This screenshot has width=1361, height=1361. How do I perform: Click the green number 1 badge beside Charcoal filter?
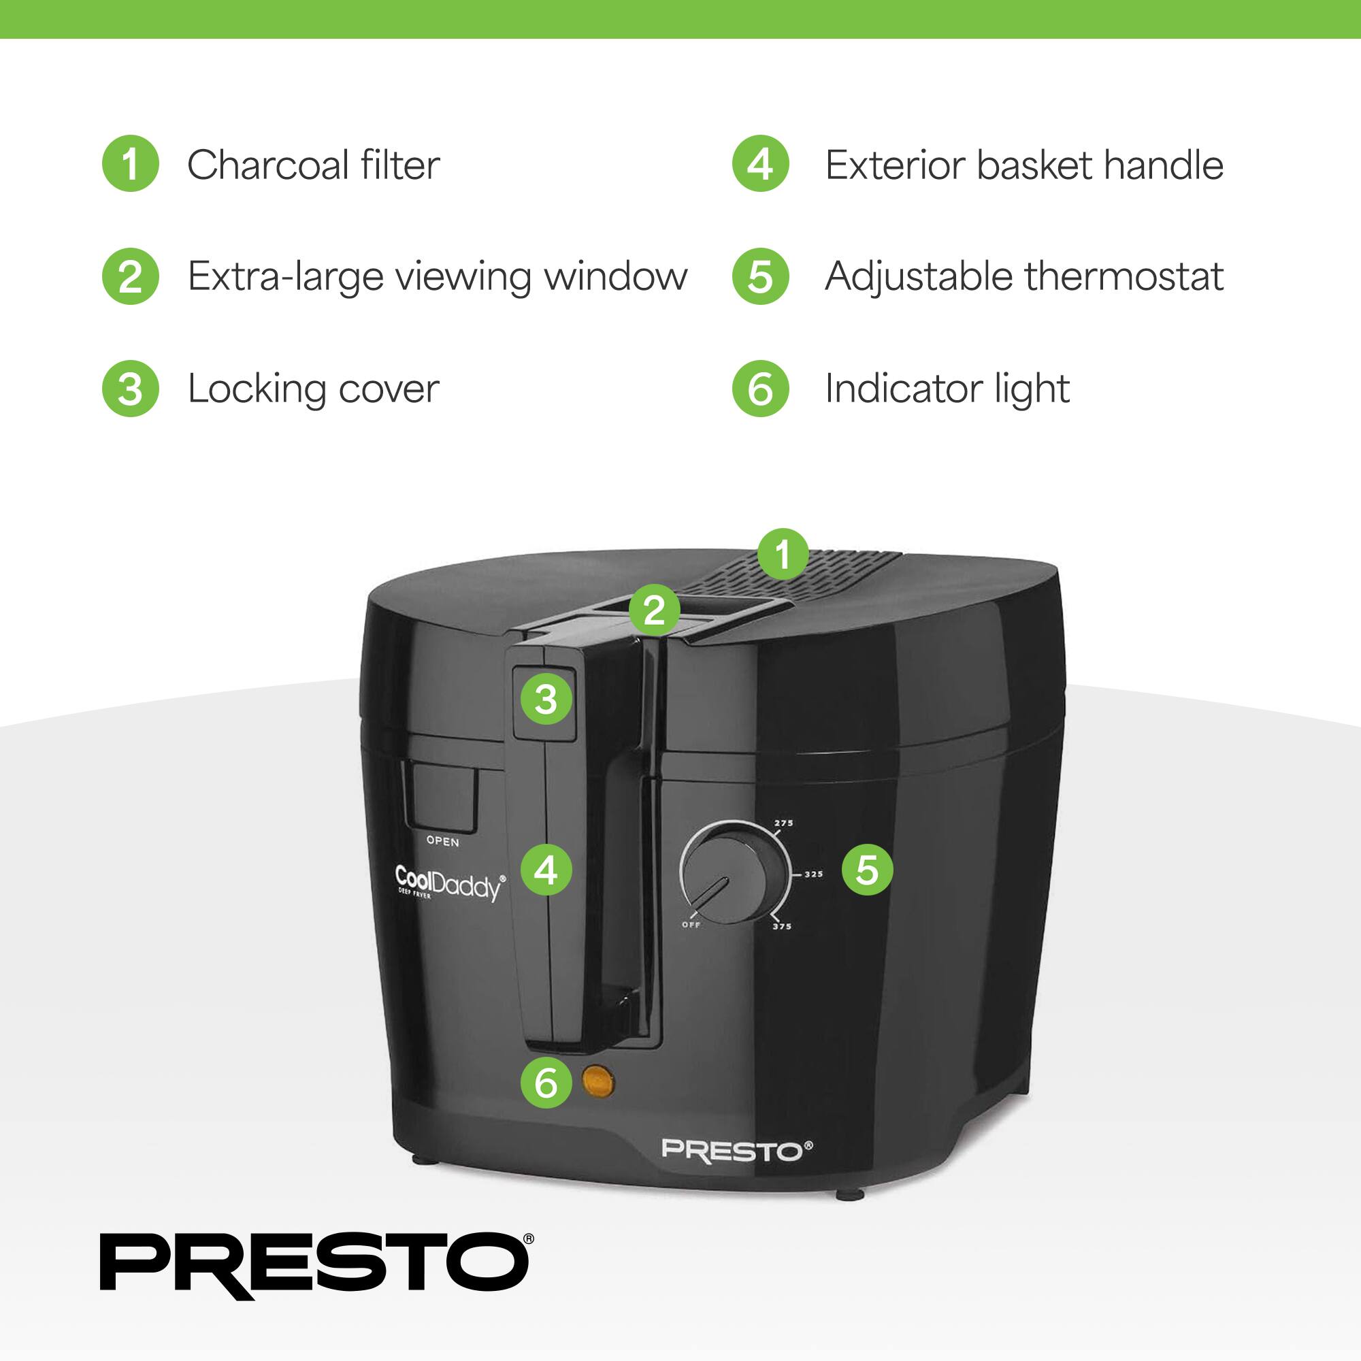tap(131, 163)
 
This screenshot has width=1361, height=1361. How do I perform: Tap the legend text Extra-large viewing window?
tap(437, 276)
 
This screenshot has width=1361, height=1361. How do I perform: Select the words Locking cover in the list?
tap(314, 389)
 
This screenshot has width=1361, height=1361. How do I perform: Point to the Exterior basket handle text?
tap(1023, 165)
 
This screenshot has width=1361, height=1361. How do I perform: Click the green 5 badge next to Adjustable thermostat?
tap(760, 276)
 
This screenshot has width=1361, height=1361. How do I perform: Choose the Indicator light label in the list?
tap(947, 389)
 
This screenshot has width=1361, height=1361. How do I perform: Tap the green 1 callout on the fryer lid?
tap(783, 554)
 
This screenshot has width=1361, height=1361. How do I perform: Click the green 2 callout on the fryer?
tap(655, 610)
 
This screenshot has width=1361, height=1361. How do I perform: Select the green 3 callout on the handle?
tap(546, 700)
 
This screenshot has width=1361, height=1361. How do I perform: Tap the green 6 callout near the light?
tap(546, 1083)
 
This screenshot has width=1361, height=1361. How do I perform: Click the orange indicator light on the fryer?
tap(598, 1082)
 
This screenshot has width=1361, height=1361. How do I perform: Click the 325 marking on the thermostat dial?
tap(814, 874)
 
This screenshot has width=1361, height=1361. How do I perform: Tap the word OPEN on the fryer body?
tap(442, 842)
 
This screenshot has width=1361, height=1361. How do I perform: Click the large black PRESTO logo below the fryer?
tap(316, 1266)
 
